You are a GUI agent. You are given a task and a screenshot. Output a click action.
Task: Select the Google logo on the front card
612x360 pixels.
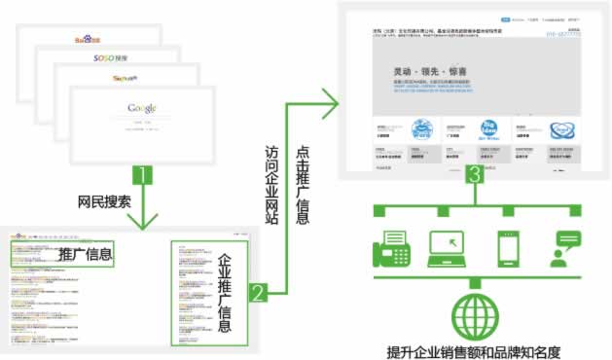pyautogui.click(x=141, y=107)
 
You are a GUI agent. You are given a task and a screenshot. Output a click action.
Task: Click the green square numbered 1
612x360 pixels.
pyautogui.click(x=142, y=176)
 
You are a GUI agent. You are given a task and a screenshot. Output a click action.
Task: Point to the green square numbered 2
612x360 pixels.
pyautogui.click(x=257, y=291)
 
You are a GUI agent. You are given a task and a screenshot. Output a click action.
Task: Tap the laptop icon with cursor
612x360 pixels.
pyautogui.click(x=450, y=248)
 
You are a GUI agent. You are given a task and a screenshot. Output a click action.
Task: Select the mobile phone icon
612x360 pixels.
pyautogui.click(x=507, y=248)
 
